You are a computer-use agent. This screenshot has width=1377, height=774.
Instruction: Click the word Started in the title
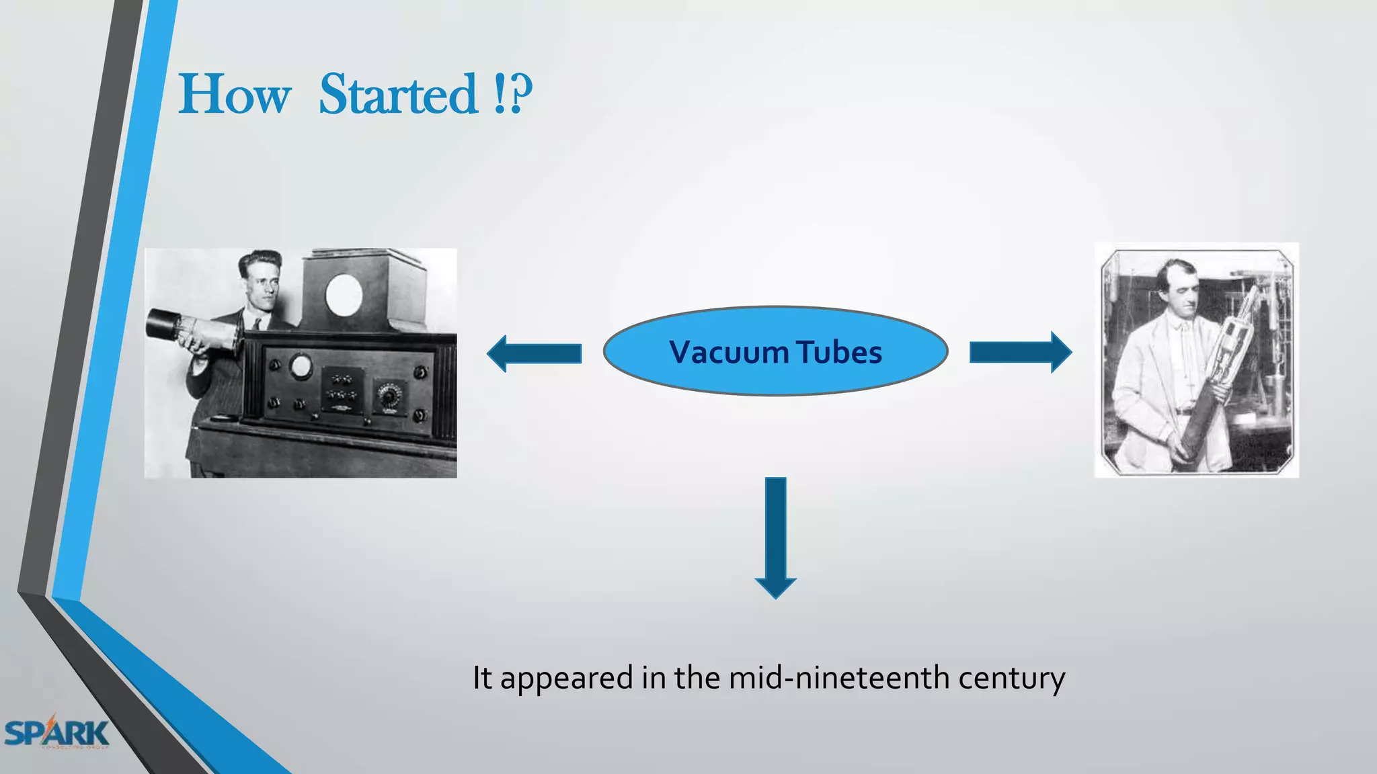coord(398,95)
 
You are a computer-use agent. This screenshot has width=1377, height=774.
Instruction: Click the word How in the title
coord(235,95)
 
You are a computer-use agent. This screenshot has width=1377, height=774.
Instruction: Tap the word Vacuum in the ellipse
coord(729,352)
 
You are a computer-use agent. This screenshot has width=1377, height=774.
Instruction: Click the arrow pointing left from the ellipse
coord(534,353)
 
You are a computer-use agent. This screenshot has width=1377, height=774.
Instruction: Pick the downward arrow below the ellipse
coord(775,537)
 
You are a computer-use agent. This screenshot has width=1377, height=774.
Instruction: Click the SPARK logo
coord(56,733)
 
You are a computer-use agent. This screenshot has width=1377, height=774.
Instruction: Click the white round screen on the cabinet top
coord(344,294)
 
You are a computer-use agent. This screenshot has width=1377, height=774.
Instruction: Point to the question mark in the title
coord(520,95)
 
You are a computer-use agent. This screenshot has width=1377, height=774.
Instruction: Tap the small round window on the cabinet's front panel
coord(301,366)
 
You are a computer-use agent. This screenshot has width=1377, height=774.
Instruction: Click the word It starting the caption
coord(482,678)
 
